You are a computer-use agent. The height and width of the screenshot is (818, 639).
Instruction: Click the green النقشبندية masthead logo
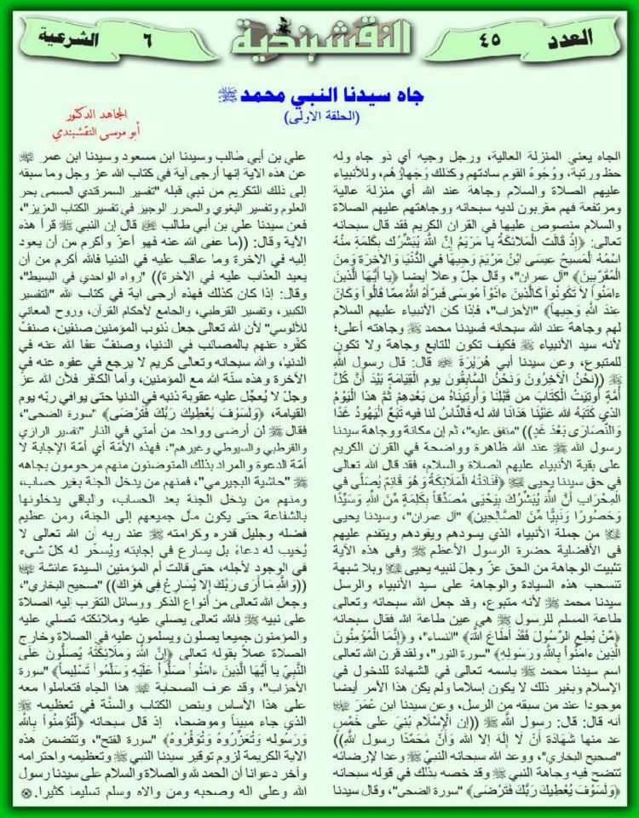point(319,34)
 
